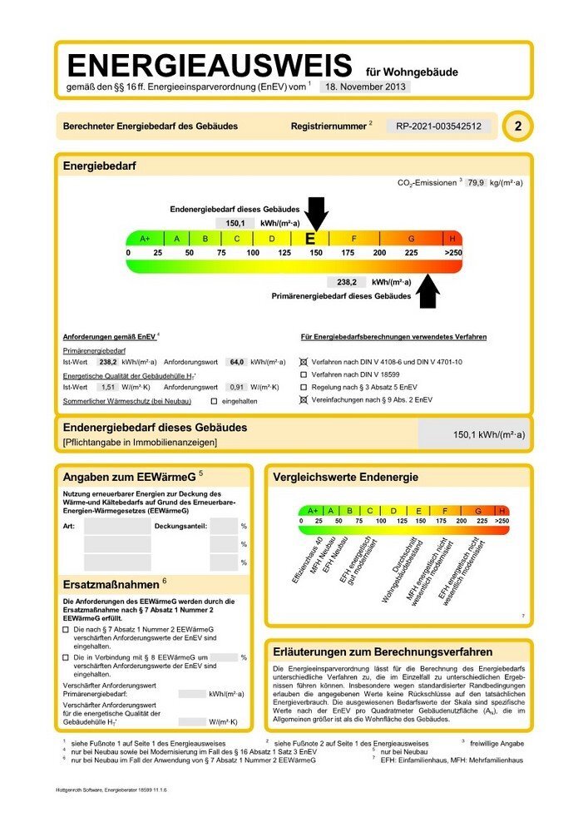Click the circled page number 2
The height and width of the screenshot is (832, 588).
coord(519,126)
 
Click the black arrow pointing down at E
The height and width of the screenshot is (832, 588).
coord(316,213)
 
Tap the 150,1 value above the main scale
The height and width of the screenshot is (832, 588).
coord(235,223)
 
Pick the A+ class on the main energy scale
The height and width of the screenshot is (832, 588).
coord(144,239)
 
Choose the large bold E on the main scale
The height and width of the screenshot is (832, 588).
coord(310,239)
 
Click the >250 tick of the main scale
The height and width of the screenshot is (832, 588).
coord(453,252)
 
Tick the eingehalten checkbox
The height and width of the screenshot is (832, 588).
coord(214,401)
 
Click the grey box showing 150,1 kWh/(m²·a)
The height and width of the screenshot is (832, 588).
coord(471,434)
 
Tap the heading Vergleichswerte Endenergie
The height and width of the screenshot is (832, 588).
coord(346,477)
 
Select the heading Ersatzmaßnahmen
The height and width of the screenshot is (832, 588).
coord(111,584)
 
